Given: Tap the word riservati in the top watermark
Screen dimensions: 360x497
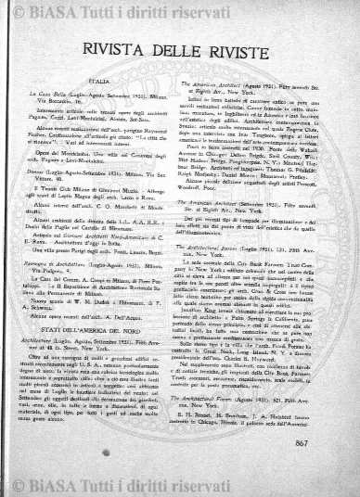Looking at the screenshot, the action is (x=265, y=11).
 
